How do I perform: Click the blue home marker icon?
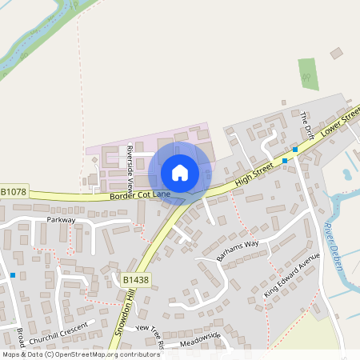tap(180, 172)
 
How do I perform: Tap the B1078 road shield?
tap(14, 192)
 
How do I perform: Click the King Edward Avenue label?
tap(292, 275)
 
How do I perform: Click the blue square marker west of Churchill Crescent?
tap(13, 275)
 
